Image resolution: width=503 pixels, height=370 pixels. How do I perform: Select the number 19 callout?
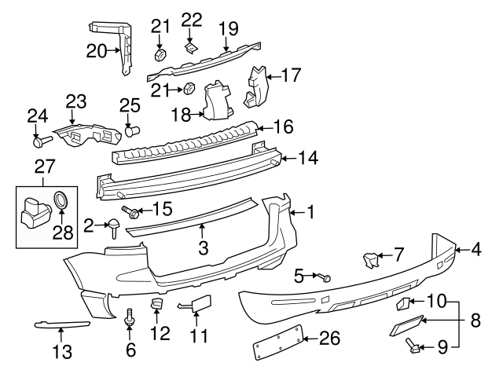[227, 29]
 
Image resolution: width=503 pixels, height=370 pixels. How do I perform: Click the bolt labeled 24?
[41, 142]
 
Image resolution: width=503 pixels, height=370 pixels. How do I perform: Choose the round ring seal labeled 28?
[61, 202]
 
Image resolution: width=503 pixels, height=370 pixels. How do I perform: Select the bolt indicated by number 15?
[135, 211]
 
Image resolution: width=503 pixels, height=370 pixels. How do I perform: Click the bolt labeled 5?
[325, 277]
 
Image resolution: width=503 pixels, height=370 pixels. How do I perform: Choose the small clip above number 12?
[156, 305]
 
